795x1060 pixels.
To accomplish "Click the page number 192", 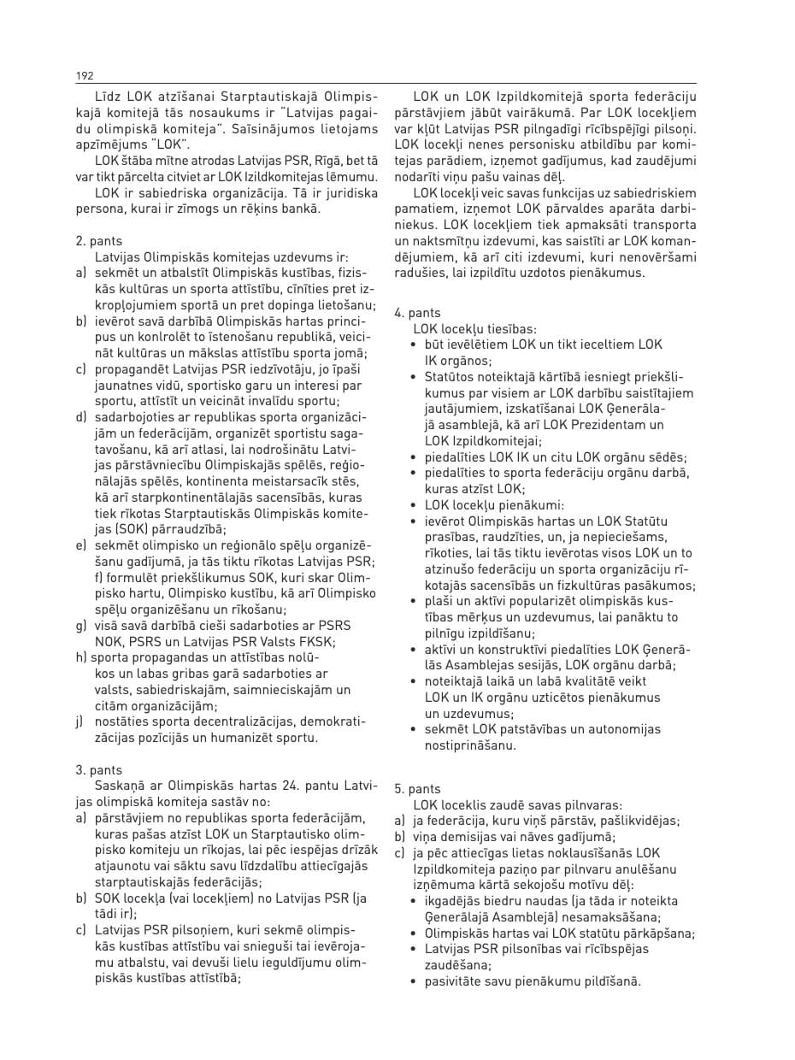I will (85, 76).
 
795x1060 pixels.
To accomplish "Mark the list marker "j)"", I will (80, 722).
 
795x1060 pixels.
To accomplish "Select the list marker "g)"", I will (81, 626).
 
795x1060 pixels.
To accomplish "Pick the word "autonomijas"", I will (615, 730).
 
